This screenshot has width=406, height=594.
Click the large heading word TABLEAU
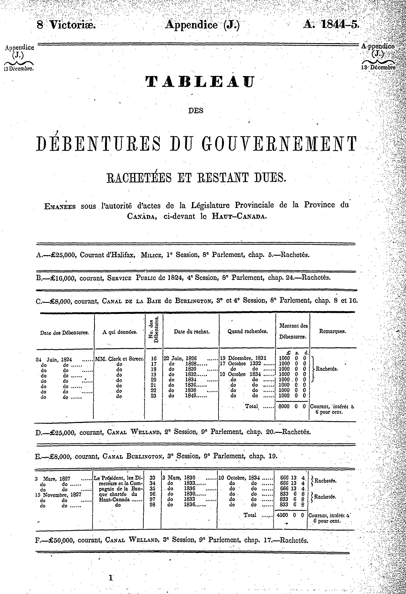click(200, 82)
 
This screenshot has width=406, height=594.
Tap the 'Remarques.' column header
click(333, 332)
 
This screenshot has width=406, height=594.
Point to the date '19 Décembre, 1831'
click(243, 358)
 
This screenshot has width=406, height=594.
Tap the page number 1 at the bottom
click(111, 578)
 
